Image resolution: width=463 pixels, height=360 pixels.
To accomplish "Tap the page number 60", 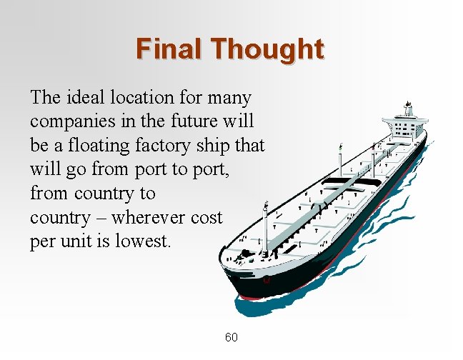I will (231, 337).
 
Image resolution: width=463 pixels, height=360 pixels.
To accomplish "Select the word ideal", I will (86, 97).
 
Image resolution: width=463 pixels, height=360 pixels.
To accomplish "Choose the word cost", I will (207, 217).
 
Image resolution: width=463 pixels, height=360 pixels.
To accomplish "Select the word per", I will (41, 241).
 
